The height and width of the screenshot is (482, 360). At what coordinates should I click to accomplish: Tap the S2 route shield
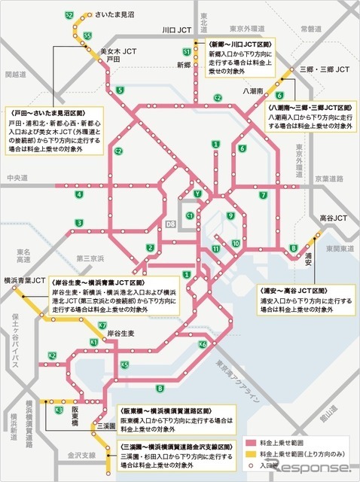coord(70,15)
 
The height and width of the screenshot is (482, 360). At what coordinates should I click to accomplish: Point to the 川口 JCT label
coord(178,31)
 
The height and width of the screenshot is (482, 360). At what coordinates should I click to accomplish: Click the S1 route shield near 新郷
coord(186,51)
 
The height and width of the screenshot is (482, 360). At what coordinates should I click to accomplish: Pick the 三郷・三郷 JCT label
coord(324,69)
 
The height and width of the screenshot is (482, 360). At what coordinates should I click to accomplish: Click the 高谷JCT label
coord(332,218)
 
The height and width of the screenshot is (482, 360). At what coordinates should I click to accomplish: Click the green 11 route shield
coord(216,249)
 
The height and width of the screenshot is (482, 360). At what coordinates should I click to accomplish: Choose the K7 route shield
coord(102,325)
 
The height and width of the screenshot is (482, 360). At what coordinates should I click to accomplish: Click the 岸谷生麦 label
coord(121,332)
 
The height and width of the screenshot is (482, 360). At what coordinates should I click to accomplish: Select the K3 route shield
coord(59,409)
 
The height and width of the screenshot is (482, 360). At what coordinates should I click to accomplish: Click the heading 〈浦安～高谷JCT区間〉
coord(291,288)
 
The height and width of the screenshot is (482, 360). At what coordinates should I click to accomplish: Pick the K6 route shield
coord(203,344)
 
